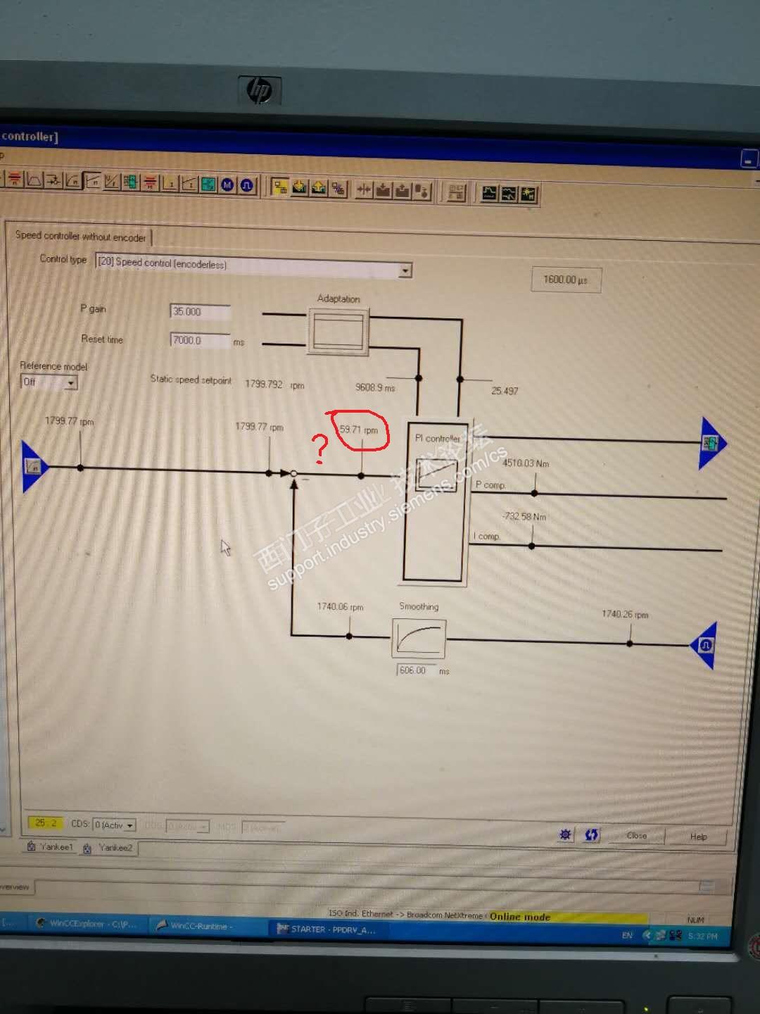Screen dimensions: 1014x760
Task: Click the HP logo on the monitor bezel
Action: [x=260, y=90]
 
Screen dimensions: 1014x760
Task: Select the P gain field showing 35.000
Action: [x=200, y=311]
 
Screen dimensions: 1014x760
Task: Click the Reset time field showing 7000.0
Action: [x=200, y=340]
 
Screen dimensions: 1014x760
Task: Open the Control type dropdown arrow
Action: [x=405, y=270]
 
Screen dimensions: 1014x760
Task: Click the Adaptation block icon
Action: [x=338, y=330]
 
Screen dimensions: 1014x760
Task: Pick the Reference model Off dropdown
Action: [x=49, y=382]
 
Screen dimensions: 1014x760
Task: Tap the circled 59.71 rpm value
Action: [x=359, y=430]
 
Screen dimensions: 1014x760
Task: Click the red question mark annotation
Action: [x=320, y=449]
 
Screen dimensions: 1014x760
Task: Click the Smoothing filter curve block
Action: [x=419, y=638]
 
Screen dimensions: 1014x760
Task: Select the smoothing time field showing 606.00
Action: [x=416, y=670]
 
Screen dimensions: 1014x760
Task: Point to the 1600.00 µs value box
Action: [x=566, y=280]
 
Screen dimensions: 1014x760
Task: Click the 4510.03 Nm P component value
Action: [x=526, y=463]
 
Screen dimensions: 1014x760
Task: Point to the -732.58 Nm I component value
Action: [x=525, y=516]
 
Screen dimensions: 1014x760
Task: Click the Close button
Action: [x=637, y=835]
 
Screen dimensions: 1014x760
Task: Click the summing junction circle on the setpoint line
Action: [x=294, y=474]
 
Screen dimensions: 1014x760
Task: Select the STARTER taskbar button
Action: [x=327, y=930]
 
